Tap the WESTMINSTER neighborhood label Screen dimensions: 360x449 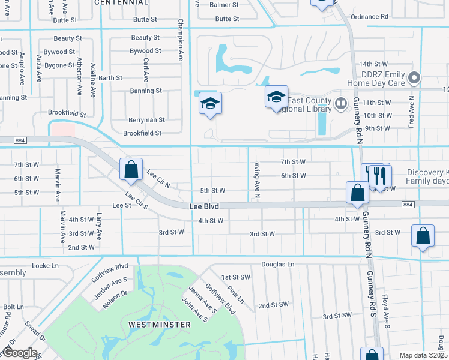[159, 325]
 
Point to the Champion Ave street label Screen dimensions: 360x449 [180, 40]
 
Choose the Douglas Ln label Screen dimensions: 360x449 [278, 264]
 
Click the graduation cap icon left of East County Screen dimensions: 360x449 [276, 97]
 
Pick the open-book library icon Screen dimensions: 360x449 [342, 104]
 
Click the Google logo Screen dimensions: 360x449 [20, 353]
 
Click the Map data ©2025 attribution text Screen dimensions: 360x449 [423, 355]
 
